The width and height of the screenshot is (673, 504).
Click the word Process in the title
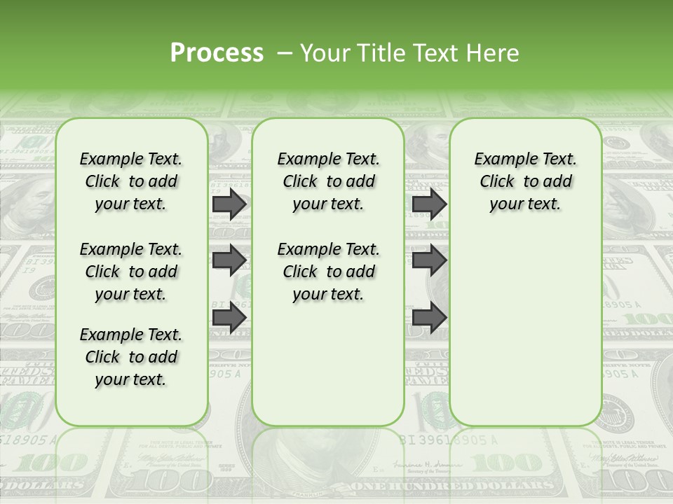pos(217,53)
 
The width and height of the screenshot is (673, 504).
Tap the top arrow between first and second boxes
pos(229,204)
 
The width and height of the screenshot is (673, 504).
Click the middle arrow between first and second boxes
pos(229,260)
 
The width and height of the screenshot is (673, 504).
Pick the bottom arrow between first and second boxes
pos(229,317)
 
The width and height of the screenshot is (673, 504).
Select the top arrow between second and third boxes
pos(429,204)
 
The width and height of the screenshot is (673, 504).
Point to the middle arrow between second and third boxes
pos(429,260)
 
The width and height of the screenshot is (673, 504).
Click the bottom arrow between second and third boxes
pos(429,317)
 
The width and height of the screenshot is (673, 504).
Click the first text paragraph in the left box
pos(131,181)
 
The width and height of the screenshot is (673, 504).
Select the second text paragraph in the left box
pos(131,272)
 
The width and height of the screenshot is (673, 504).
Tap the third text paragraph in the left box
pos(131,357)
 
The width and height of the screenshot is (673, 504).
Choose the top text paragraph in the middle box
pos(328,181)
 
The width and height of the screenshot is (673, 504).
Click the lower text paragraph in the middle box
pos(328,272)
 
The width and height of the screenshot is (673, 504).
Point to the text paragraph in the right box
pos(525,181)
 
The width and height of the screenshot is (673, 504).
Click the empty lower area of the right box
pos(525,329)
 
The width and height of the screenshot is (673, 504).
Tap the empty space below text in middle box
pos(328,364)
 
